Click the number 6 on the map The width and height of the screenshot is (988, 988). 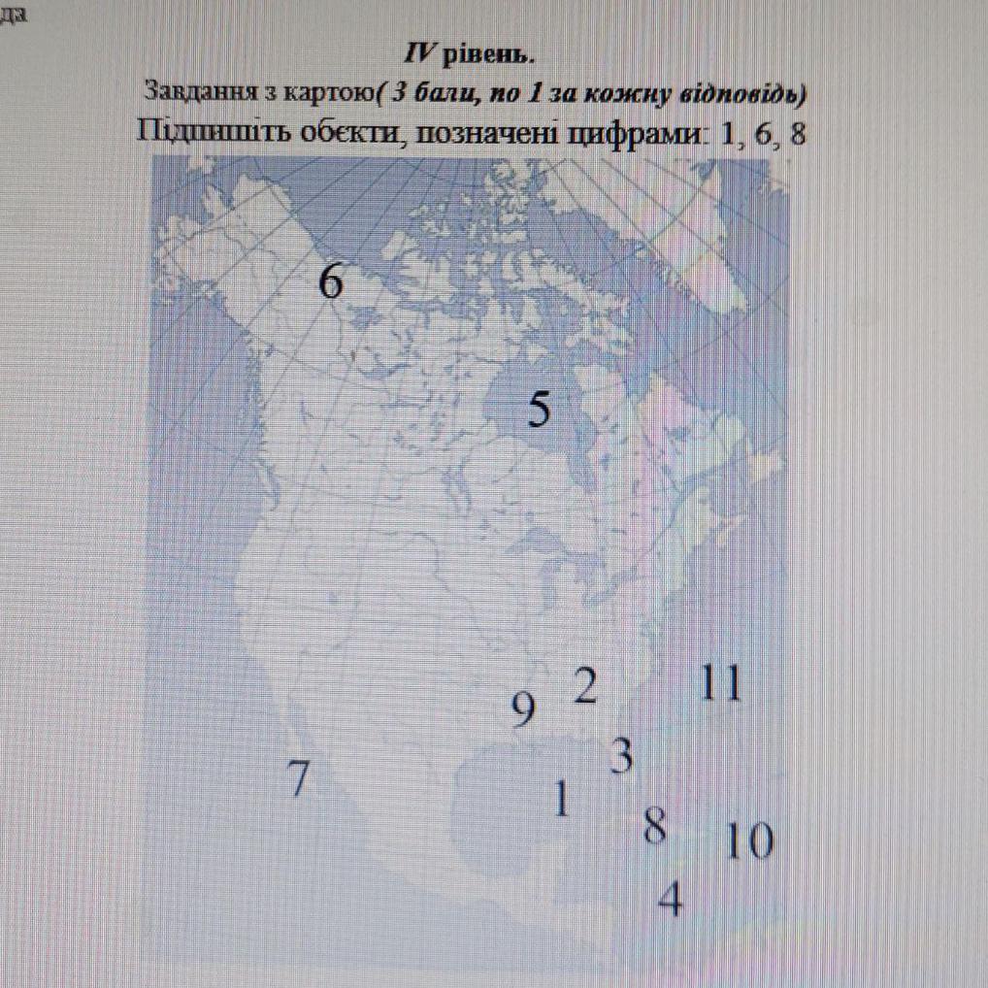coord(331,280)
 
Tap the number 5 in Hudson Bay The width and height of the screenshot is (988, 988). coord(540,409)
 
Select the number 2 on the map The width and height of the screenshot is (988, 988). coord(585,685)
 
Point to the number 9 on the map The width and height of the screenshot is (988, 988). coord(523,708)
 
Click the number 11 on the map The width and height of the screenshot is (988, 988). coord(721,683)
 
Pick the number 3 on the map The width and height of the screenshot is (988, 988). coord(622,756)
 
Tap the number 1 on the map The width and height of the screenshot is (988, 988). coord(561,798)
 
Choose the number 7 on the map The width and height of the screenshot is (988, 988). coord(299,777)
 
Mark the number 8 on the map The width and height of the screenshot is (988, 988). coord(655,826)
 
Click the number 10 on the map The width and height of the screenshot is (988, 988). coord(749,841)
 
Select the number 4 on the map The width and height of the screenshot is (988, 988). coord(671,898)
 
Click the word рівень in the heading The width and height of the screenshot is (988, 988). coord(488,56)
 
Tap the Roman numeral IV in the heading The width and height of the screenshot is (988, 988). coord(419,55)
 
